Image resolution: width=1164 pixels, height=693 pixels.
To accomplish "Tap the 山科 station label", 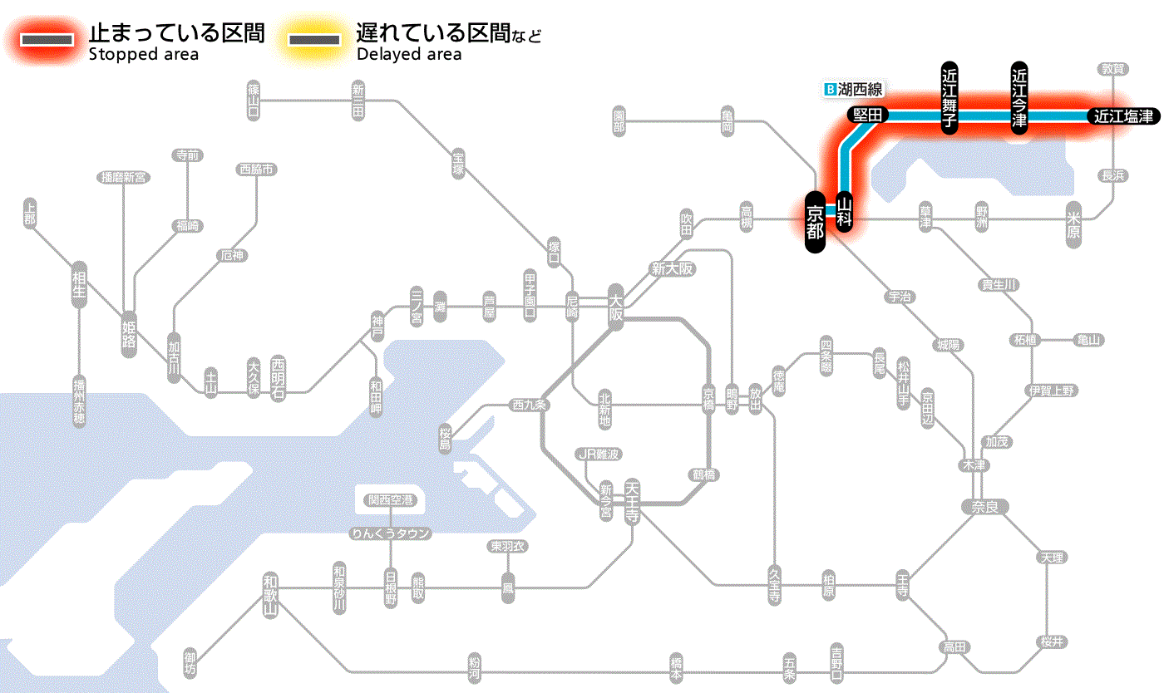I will pos(845,212).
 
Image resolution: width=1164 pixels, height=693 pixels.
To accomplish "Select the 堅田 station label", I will pos(868,116).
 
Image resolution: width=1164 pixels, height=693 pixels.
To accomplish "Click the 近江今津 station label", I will pos(1019,97).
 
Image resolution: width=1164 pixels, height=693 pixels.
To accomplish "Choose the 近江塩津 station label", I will pos(1122,116).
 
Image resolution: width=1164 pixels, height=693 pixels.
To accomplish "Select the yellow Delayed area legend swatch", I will pos(313,40).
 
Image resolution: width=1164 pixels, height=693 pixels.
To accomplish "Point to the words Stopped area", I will pos(143,55).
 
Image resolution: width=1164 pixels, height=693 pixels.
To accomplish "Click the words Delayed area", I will pos(408,55).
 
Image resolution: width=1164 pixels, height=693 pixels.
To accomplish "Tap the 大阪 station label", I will pos(615,308).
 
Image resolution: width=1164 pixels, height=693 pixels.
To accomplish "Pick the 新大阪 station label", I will pos(672,269).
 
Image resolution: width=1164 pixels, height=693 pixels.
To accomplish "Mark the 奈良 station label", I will pos(984,506).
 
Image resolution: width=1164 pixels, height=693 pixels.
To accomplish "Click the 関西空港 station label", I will pos(391,500).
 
